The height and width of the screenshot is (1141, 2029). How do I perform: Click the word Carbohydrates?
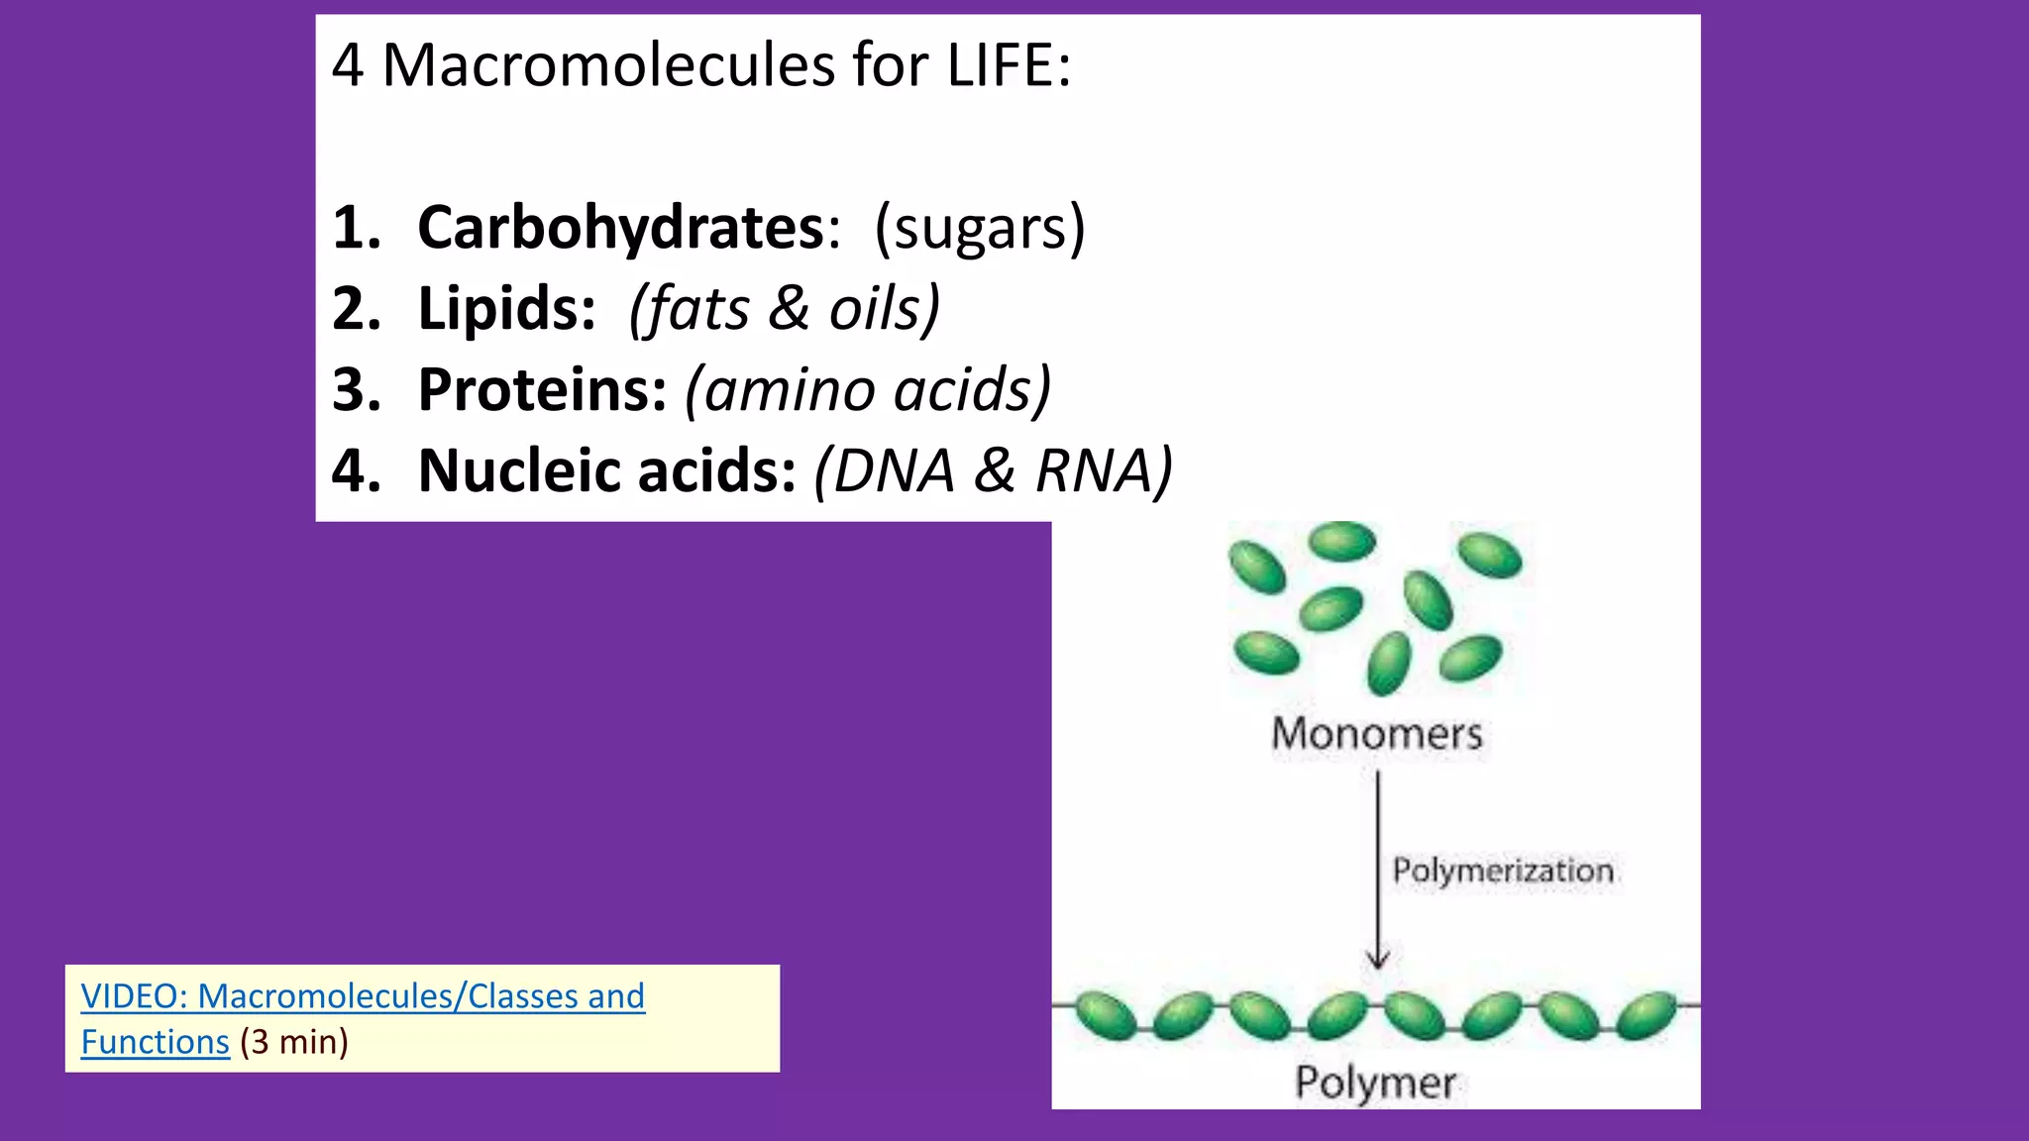620,229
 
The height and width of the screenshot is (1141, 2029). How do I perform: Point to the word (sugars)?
979,229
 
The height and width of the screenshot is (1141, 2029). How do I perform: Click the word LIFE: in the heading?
1009,66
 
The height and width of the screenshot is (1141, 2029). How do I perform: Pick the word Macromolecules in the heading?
608,66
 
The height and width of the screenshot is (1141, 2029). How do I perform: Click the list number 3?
356,390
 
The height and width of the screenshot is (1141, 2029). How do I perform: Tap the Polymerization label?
1502,872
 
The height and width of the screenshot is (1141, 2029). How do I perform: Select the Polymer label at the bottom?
1375,1083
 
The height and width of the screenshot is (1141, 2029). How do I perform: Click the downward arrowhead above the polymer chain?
1377,959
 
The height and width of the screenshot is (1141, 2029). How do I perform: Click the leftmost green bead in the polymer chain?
1105,1015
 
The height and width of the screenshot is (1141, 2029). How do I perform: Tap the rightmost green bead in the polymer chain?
1647,1015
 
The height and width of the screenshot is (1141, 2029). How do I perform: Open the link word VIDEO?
134,996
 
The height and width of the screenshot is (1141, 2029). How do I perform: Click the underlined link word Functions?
155,1043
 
